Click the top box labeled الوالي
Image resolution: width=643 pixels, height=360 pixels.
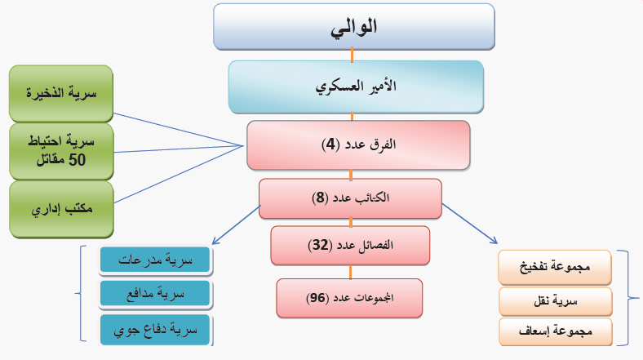coord(354,27)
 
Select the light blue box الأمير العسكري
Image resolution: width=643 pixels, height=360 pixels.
coord(356,87)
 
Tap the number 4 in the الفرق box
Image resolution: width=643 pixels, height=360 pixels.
coord(330,144)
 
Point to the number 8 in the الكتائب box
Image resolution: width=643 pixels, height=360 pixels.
coord(320,198)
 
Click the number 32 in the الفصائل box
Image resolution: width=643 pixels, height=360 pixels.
coord(320,245)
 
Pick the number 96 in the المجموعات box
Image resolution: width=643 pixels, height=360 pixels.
coord(317,298)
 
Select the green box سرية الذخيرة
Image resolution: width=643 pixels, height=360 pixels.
coord(61,94)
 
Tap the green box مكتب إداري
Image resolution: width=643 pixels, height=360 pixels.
coord(61,210)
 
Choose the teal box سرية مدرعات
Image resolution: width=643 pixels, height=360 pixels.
coord(155,260)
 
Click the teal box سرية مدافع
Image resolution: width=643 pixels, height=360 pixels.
coord(155,294)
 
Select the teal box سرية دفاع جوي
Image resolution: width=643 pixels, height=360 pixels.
coord(155,330)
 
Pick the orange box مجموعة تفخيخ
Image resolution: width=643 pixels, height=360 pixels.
coord(555,267)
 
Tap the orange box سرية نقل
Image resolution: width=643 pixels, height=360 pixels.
coord(555,302)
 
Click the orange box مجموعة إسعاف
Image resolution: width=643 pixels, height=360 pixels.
coord(555,331)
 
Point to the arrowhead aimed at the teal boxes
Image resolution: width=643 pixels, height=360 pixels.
coord(215,242)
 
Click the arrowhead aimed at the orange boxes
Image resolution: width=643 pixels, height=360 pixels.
coord(494,241)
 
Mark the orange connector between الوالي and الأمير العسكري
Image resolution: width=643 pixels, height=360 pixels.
coord(352,55)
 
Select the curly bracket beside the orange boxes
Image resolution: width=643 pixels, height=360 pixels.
coord(628,298)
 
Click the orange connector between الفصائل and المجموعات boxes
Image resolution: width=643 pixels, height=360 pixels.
coord(350,273)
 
